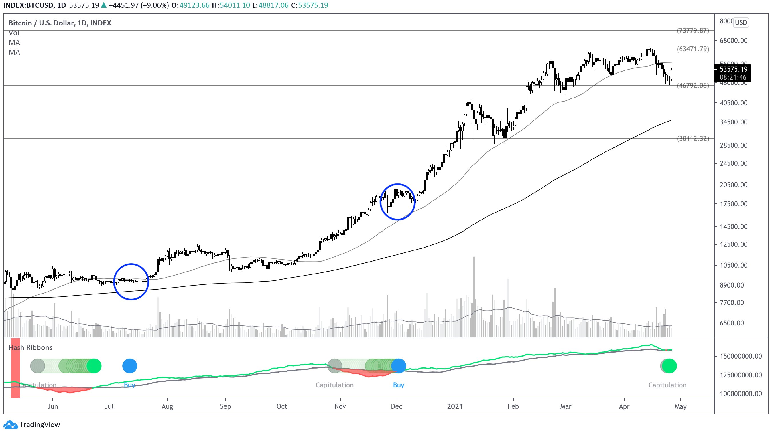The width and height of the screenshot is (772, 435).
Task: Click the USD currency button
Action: pos(741,23)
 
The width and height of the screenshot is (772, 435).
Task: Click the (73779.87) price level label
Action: pos(693,31)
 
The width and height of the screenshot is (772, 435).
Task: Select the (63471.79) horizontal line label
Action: pos(693,49)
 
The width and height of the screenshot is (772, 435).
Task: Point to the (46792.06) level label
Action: pos(693,86)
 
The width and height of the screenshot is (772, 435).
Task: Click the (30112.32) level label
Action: pos(693,139)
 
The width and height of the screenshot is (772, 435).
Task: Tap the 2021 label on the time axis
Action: pos(455,406)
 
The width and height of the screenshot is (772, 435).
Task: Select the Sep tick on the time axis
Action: pos(225,406)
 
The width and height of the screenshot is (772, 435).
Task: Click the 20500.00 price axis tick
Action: pos(733,185)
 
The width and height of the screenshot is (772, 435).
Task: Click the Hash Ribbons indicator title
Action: pos(31,347)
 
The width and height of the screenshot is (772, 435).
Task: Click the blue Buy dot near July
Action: pos(130,366)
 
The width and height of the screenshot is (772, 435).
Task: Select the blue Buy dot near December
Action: pos(399,366)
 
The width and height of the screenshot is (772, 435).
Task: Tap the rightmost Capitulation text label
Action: pos(667,385)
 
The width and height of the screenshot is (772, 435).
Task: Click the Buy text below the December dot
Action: pos(399,385)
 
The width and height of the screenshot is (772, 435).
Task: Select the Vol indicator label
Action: pos(14,33)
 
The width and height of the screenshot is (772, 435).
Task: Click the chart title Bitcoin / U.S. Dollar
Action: pos(60,23)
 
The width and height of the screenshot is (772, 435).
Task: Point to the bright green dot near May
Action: pos(669,366)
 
